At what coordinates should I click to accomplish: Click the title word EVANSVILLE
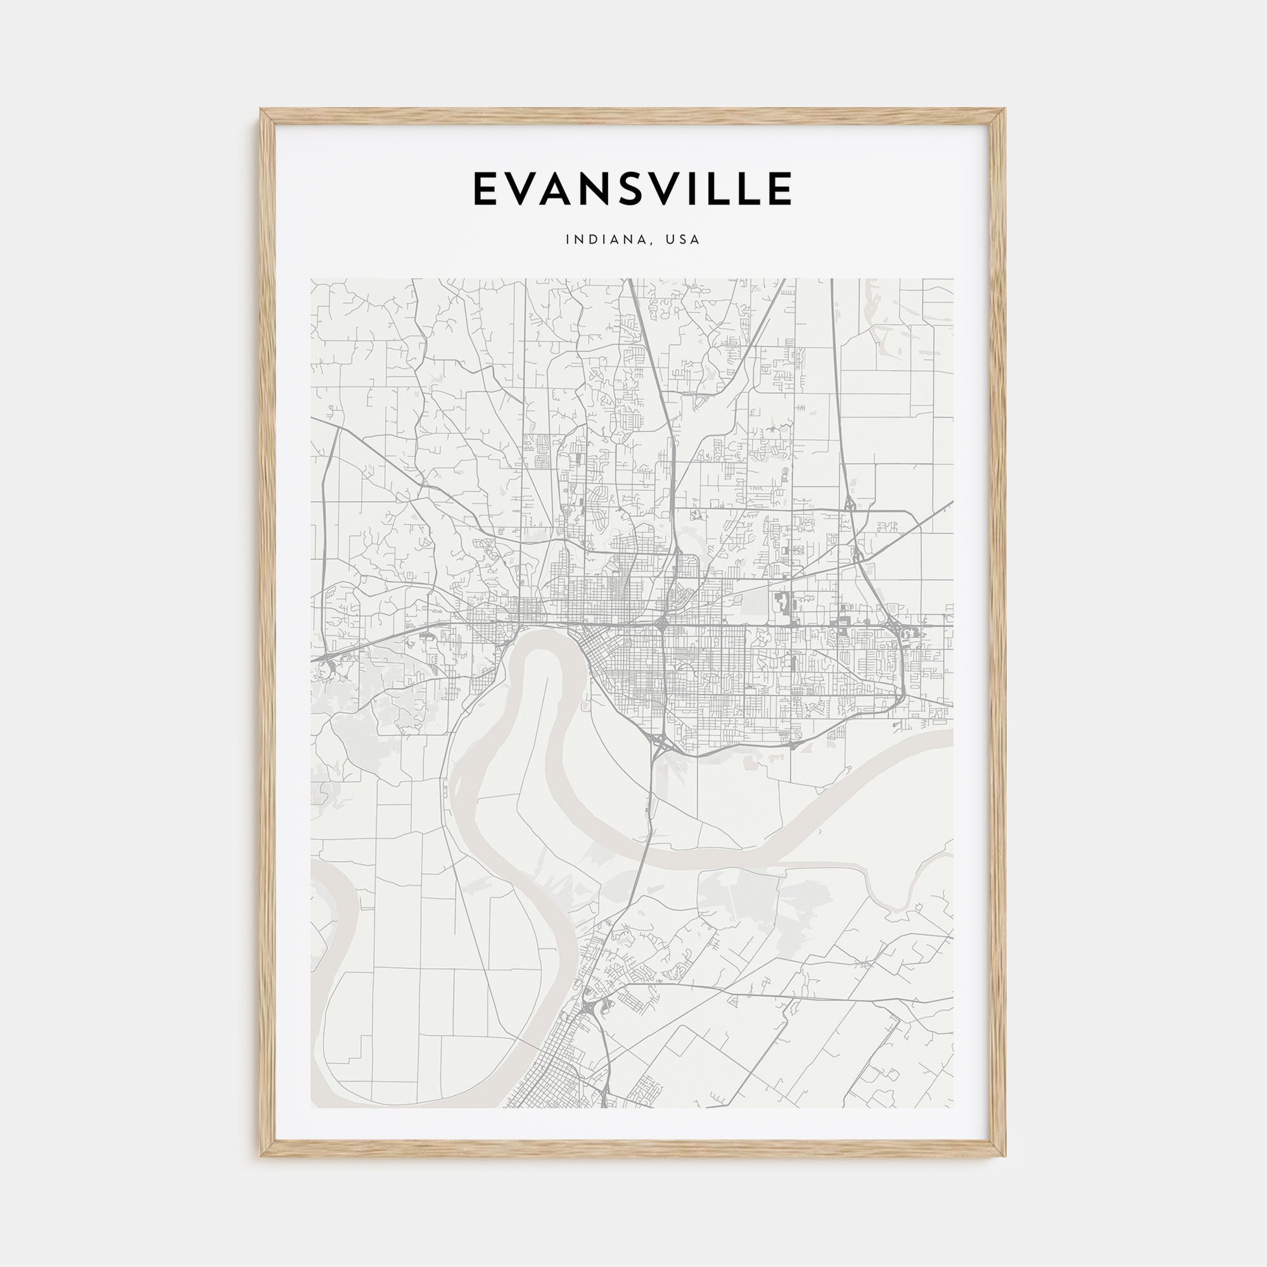click(x=632, y=189)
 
